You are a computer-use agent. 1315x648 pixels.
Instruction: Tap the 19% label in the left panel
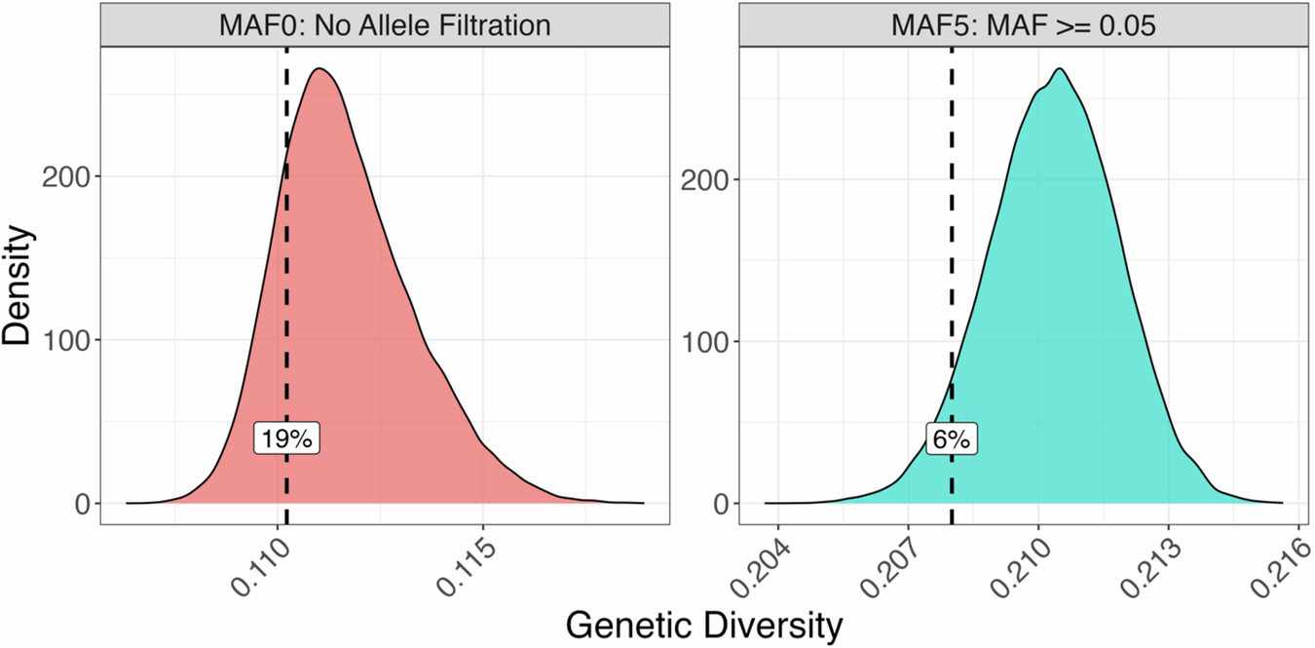[x=287, y=439]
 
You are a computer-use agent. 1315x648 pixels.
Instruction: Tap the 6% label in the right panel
[x=951, y=439]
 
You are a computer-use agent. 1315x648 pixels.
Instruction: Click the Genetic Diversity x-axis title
[x=703, y=626]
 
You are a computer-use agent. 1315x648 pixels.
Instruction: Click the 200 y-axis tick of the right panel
[x=707, y=179]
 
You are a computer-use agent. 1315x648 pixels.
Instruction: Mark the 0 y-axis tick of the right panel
[x=721, y=504]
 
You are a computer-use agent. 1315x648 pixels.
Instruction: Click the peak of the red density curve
[x=319, y=69]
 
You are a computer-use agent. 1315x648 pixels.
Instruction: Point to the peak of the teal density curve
[x=1060, y=69]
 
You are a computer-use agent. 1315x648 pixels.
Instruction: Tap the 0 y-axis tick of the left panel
[x=83, y=504]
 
